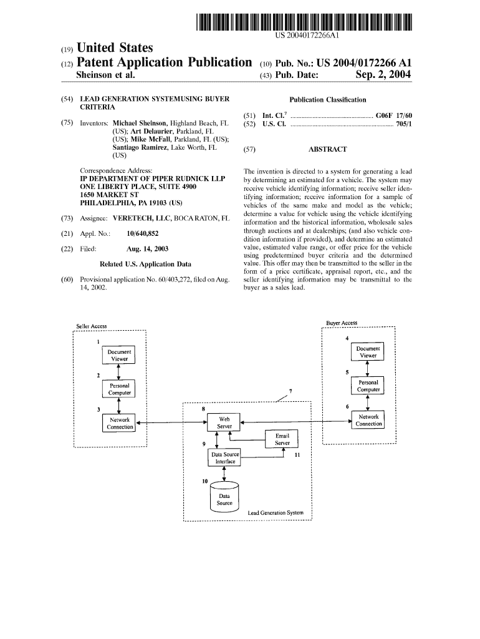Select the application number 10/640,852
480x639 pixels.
pos(142,233)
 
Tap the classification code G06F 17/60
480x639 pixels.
pos(394,116)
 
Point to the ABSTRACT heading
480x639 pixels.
pos(327,150)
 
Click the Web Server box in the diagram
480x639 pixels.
pos(224,422)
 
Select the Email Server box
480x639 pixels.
pos(282,439)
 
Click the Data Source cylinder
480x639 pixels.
pos(224,499)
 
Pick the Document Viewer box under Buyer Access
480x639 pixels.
pos(368,352)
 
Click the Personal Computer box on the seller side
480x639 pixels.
pos(119,389)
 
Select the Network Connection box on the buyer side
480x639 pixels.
pos(368,420)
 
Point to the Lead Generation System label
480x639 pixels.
pos(276,513)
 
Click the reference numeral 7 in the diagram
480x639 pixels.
pos(290,391)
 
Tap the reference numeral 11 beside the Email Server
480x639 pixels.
pos(297,456)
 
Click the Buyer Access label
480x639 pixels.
pos(342,323)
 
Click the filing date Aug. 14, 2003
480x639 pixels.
pos(147,248)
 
